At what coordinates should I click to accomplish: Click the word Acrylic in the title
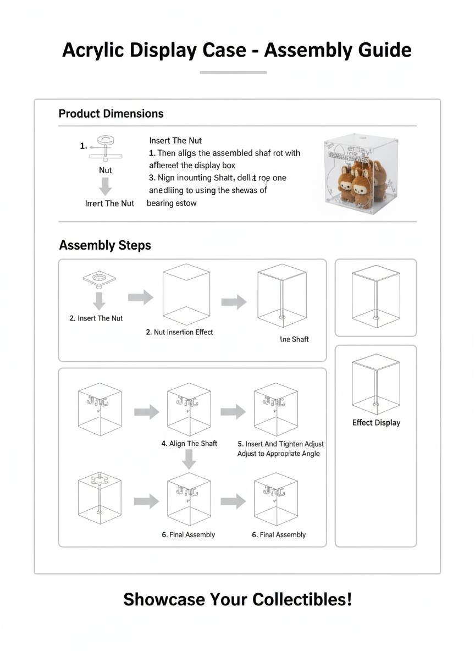coord(93,50)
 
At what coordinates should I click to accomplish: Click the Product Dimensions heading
coord(111,114)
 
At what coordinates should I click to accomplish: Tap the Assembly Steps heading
coord(105,245)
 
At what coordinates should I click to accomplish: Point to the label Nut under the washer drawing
coord(105,170)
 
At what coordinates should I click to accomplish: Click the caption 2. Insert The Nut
coord(96,318)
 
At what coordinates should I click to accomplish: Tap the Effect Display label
coord(376,423)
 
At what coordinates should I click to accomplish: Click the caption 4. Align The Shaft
coord(189,444)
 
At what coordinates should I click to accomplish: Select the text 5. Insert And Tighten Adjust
coord(280,444)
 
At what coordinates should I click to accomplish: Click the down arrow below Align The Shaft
coord(189,460)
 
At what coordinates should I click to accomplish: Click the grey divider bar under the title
coord(233,72)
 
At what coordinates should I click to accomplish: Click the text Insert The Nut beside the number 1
coord(175,141)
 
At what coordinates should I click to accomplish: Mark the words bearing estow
coord(172,203)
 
